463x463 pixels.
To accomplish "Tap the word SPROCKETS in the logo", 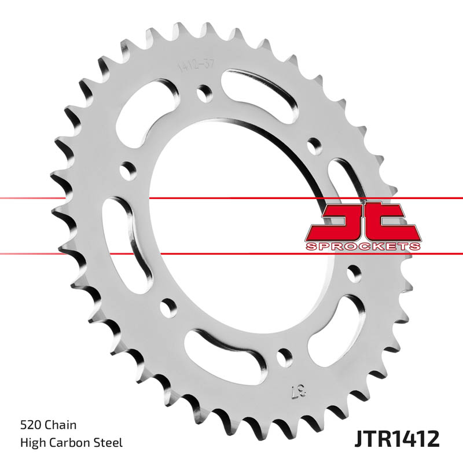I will (x=363, y=247).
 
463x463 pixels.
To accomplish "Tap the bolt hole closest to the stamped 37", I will (x=284, y=355).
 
